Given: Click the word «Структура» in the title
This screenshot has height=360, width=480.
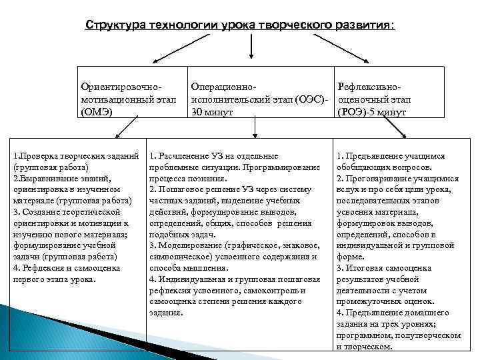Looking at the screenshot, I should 112,25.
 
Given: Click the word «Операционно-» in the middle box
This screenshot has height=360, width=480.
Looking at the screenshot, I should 223,87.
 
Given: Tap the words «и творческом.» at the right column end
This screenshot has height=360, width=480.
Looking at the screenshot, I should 364,347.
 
